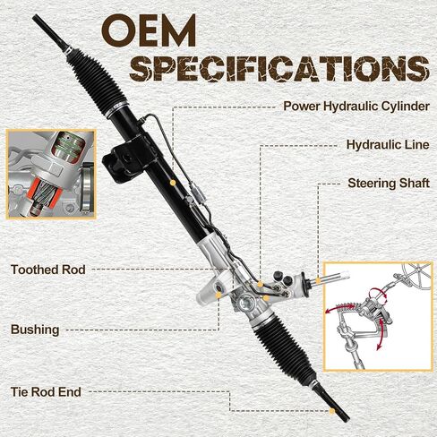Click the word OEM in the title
tap(149, 30)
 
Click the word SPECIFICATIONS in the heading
tap(279, 68)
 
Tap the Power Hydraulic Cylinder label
tap(356, 106)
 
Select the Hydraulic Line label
tap(388, 145)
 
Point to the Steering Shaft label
tap(389, 184)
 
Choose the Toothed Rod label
tap(48, 270)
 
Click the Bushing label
tap(35, 330)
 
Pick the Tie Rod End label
tap(46, 392)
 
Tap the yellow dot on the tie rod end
tap(332, 411)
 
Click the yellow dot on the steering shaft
tap(318, 280)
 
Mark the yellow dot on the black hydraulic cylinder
tap(172, 183)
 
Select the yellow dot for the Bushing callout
tap(218, 296)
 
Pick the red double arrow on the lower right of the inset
tap(381, 333)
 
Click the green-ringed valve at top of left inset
tap(68, 147)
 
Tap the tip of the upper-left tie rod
tap(35, 16)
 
